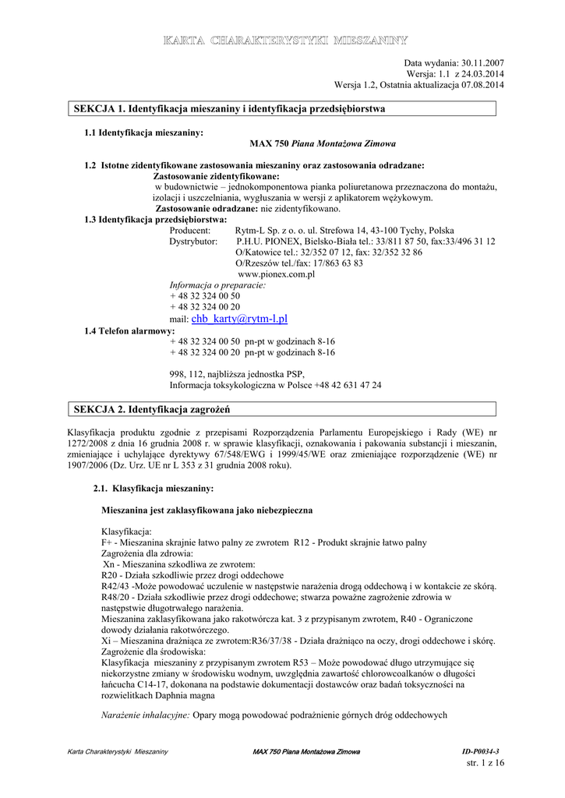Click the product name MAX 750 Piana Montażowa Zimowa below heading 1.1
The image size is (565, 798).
pos(323,144)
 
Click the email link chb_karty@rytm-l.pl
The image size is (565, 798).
pos(245,319)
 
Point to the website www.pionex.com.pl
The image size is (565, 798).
pos(276,274)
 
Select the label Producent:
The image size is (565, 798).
pos(190,231)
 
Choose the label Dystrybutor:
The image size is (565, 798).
pos(193,242)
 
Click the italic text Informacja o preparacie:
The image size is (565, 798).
pos(217,285)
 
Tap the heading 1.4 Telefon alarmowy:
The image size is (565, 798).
pos(129,331)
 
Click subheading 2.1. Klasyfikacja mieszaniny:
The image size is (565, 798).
pos(153,489)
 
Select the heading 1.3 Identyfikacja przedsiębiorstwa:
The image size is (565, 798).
pos(155,220)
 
